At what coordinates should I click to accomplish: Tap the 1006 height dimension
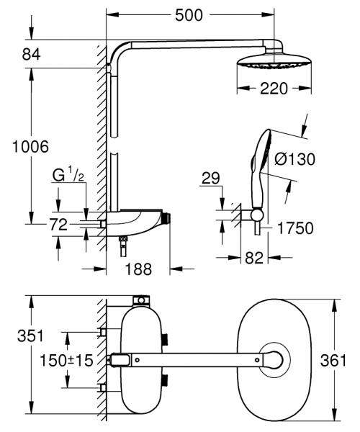[x=30, y=146]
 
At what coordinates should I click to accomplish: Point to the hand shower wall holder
[x=253, y=213]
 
